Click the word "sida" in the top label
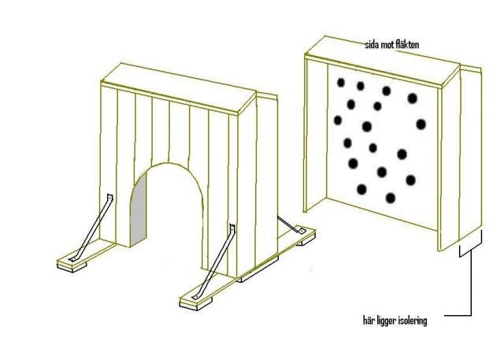372,45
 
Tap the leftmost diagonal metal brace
92,227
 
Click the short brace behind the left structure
291,225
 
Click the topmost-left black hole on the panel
341,83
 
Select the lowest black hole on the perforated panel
391,198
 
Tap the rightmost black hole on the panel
421,124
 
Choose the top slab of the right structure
383,59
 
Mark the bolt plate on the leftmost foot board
73,258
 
